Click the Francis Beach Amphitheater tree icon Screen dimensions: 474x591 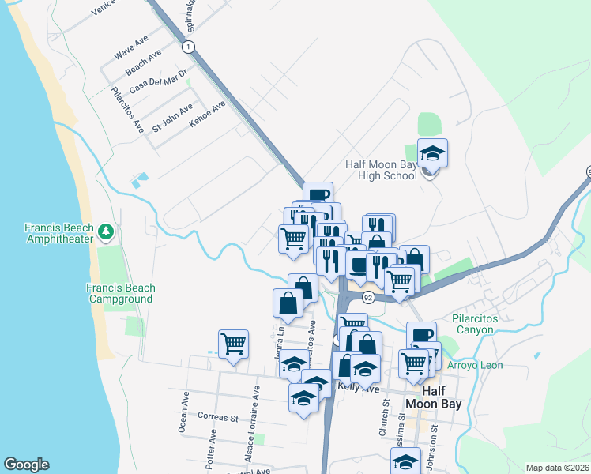(106, 231)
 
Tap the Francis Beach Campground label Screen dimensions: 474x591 (121, 294)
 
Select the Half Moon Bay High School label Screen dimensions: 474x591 (381, 170)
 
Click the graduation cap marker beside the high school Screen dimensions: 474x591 (432, 152)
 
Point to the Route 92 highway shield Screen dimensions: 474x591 (368, 298)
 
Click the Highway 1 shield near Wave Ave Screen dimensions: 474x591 (187, 47)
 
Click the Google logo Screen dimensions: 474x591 (26, 465)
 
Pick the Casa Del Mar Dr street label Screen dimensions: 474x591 (157, 83)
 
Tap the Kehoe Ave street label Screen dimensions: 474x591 (208, 114)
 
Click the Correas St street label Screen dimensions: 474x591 (218, 417)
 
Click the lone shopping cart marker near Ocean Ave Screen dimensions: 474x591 (234, 344)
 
